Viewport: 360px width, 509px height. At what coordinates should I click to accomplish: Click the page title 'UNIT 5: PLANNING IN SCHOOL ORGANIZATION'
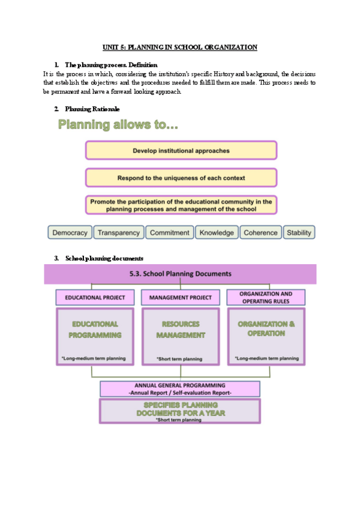(180, 47)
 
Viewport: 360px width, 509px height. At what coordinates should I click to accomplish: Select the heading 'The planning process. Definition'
(111, 64)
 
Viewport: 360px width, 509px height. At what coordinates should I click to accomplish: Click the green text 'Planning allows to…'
(118, 125)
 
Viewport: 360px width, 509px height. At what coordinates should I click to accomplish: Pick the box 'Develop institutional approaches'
(181, 150)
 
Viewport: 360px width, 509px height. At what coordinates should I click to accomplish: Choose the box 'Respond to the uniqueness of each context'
(181, 178)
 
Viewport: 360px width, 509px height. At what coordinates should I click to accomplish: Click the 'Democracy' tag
(70, 232)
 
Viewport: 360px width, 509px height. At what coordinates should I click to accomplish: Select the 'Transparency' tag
(119, 232)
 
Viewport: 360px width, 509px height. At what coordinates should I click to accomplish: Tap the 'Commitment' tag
(169, 232)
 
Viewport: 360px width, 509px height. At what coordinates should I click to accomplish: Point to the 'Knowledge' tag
(217, 232)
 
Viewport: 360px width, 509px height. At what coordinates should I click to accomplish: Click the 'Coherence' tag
(260, 232)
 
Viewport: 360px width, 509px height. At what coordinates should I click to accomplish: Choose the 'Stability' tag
(299, 232)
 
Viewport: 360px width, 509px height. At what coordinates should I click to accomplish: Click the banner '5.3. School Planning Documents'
(180, 274)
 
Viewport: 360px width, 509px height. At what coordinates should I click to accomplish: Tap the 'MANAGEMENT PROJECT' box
(180, 297)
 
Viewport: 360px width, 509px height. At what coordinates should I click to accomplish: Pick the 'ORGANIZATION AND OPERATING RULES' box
(265, 297)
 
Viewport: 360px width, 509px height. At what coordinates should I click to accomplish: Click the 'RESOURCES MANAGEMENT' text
(180, 330)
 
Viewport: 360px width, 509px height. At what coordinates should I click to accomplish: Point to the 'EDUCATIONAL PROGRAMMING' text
(95, 330)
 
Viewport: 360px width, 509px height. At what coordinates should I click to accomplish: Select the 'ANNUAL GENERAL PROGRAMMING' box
(180, 388)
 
